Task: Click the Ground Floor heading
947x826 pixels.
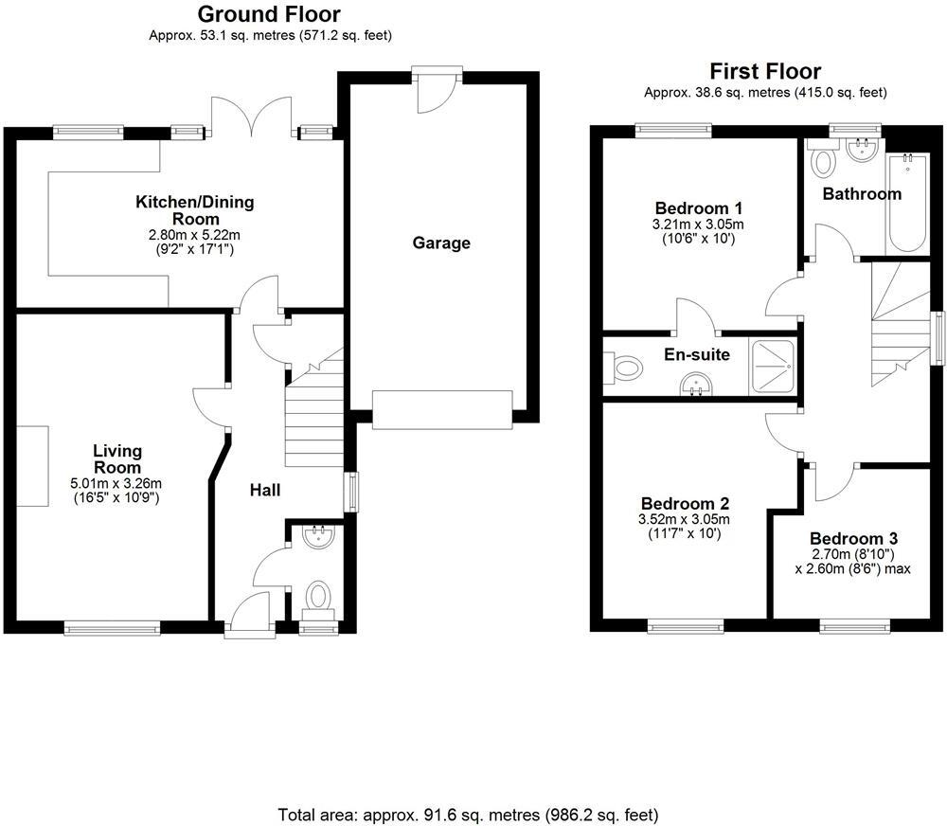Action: pos(269,15)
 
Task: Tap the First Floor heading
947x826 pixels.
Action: pos(765,71)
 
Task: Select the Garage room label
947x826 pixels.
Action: pos(441,243)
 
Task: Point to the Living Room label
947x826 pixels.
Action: pos(116,459)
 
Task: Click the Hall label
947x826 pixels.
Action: pos(264,490)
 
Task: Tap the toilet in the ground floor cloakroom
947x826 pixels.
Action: pos(318,596)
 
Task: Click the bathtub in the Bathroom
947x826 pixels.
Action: pos(907,203)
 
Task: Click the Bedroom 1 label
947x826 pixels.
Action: pos(699,208)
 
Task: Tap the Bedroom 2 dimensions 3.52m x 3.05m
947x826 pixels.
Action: pos(685,519)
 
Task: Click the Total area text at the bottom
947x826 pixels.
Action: pos(468,815)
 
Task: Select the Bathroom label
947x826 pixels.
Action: pos(861,194)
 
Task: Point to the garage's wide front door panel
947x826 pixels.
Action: pos(442,409)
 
